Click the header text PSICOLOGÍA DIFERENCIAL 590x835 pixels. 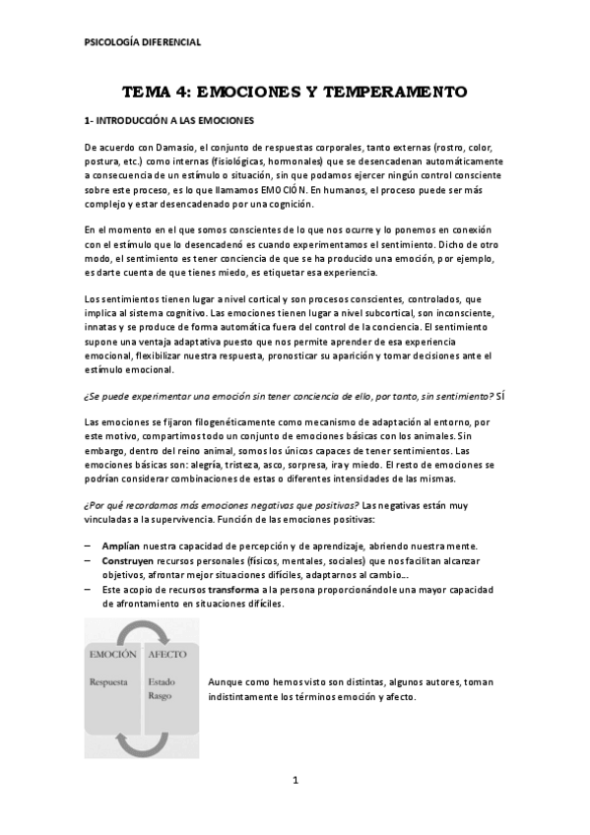click(x=143, y=42)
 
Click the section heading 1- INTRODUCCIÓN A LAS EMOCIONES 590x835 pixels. click(x=170, y=120)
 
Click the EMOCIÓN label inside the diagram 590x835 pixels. click(x=112, y=654)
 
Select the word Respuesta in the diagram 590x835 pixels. click(x=110, y=680)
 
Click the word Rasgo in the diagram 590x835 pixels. click(x=161, y=695)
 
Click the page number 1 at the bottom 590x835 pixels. click(x=295, y=781)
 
